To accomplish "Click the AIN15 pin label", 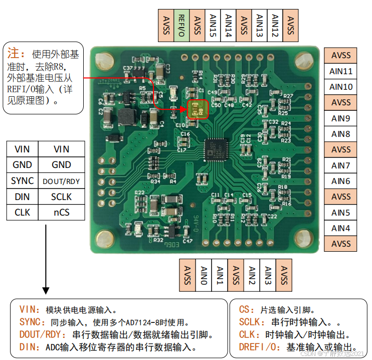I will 212,25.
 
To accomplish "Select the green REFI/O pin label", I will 181,25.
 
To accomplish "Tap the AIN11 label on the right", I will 341,71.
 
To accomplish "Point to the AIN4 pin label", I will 341,228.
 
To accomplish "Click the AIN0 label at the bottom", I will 204,275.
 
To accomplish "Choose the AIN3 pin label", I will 268,275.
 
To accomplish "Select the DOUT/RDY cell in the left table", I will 62,181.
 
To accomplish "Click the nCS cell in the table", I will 62,213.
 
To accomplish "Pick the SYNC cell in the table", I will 23,181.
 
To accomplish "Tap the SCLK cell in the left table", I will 62,197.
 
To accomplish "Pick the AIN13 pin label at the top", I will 259,25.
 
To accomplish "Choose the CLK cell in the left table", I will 23,213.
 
